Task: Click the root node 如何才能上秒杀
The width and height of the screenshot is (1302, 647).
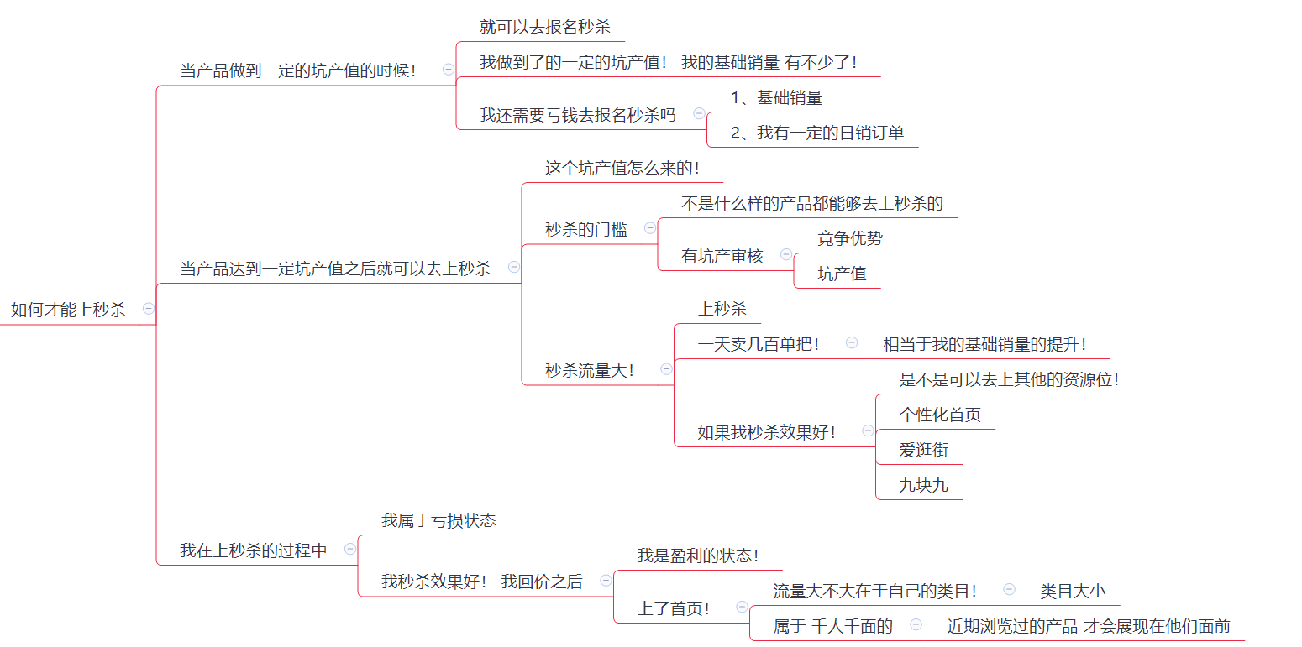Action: (x=68, y=310)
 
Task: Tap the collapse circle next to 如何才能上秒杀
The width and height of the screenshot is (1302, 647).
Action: (x=149, y=309)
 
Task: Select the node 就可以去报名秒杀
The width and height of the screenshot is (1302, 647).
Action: (x=544, y=27)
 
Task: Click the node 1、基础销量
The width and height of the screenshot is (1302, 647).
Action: (x=776, y=97)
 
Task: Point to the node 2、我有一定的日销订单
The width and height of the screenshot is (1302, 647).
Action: (x=817, y=133)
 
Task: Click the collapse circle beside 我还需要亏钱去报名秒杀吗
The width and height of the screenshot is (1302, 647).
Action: (x=699, y=113)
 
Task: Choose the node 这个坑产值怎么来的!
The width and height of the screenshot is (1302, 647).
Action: (x=622, y=169)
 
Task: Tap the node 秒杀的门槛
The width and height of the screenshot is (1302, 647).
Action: (x=586, y=229)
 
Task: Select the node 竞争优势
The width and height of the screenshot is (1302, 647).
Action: (x=850, y=238)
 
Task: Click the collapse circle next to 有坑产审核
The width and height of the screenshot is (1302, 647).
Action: (x=786, y=254)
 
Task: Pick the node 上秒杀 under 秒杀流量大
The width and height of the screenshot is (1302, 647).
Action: (x=722, y=309)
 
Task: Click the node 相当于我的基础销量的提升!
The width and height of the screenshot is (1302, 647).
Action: (x=984, y=344)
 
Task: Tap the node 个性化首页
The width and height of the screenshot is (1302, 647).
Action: (x=940, y=415)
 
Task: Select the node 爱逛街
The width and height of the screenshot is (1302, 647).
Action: (x=924, y=450)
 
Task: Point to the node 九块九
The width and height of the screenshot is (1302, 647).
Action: (x=924, y=485)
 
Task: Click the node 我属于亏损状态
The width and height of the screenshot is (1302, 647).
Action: (x=438, y=520)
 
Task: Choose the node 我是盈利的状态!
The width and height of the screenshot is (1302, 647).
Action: (x=698, y=556)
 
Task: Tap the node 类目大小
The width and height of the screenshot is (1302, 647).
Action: (x=1073, y=592)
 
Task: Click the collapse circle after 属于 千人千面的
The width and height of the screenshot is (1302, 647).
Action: (x=916, y=624)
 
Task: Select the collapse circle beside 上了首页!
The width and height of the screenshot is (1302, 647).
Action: (x=742, y=607)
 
